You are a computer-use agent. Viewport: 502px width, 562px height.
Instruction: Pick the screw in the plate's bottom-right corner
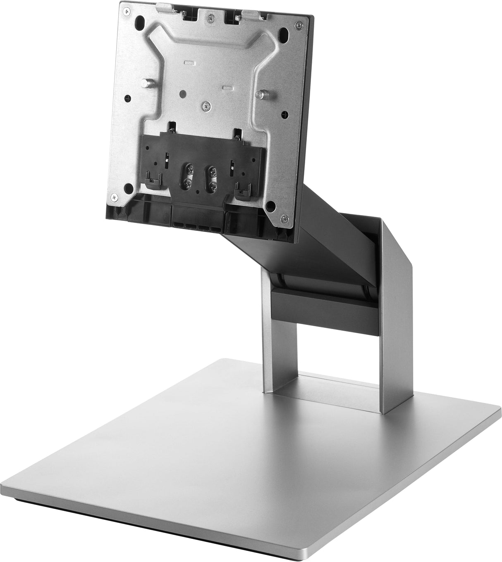pos(282,218)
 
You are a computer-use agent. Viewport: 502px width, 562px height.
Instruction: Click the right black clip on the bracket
pos(240,190)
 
